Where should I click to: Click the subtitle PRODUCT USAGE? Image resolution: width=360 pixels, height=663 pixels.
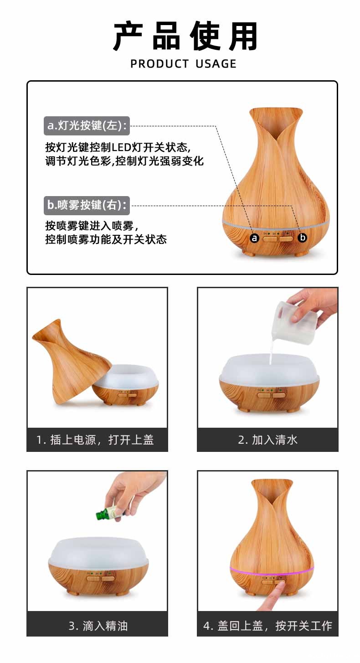click(183, 64)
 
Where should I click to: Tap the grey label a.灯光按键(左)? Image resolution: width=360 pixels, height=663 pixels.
click(87, 126)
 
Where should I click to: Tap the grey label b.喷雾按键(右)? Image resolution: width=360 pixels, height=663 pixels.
click(87, 205)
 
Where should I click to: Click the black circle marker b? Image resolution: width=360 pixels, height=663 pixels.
click(302, 238)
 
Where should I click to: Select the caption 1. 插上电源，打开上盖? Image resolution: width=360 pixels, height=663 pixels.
click(97, 440)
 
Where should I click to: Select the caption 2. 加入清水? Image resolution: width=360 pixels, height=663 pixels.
click(267, 440)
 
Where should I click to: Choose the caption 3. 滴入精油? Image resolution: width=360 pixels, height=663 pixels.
click(98, 626)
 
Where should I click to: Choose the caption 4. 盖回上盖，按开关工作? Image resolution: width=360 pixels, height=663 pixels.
click(267, 626)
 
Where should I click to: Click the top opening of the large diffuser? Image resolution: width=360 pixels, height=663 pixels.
click(276, 112)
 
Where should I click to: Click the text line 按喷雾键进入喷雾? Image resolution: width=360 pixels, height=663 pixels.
click(91, 226)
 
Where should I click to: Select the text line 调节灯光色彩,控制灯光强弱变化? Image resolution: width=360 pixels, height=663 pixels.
click(124, 161)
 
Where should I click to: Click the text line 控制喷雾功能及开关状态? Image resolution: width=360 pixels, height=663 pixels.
click(106, 239)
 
